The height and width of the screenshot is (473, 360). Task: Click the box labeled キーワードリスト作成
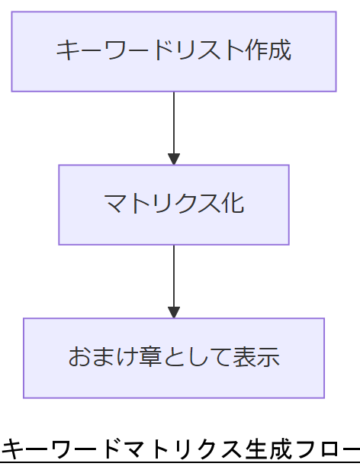pos(174,51)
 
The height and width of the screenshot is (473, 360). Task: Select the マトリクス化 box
pos(174,204)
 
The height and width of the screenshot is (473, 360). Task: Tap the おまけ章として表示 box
pos(174,358)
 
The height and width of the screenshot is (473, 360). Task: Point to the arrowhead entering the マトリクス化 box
pos(174,159)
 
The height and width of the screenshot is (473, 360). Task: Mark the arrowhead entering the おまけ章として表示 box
pos(174,312)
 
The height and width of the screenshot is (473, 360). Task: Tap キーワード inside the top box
pos(115,51)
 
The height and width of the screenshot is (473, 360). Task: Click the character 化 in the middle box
pos(233,204)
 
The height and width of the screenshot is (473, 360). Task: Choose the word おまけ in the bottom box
pos(103,358)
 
